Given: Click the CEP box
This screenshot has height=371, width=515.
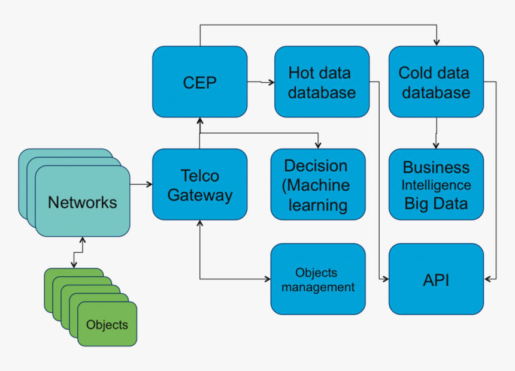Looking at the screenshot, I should pos(199,82).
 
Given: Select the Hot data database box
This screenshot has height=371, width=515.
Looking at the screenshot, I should pos(322,82).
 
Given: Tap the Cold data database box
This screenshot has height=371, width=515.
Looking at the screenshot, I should pos(435,82).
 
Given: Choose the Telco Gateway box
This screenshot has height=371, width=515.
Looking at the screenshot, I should pos(199,185).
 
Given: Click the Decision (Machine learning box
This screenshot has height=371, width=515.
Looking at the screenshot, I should pos(317,185).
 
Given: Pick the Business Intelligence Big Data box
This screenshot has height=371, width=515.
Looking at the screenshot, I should pos(435,185).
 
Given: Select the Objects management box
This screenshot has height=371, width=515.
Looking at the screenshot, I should pos(317,279).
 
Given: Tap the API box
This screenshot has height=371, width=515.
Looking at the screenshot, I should pos(435,279).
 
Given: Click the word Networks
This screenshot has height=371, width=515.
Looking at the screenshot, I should pos(82,202).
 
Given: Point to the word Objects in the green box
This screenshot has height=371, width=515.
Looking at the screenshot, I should pos(107,325).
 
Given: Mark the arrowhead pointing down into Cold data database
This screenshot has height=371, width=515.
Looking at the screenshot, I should pos(437,43).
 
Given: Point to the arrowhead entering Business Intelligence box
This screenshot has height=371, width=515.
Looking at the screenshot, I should pos(437,145).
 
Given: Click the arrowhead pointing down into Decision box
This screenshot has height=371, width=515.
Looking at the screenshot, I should pos(318,145).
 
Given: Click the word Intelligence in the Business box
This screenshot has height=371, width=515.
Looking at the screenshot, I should pos(435,185).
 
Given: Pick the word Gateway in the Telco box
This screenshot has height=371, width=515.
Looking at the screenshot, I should pos(199,195).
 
